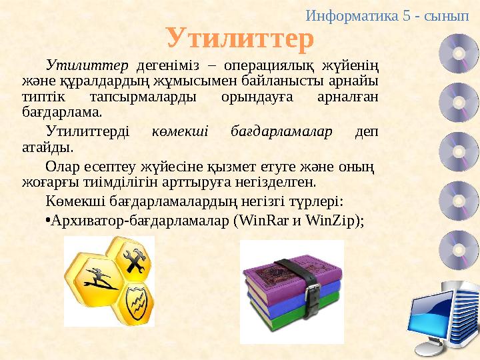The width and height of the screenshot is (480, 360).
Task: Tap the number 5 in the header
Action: click(x=407, y=15)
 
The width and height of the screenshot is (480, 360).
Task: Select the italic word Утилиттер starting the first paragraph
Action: click(x=87, y=65)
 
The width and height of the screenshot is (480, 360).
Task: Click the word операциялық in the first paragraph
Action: click(x=267, y=65)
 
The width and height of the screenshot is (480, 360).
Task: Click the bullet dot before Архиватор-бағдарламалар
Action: click(x=48, y=221)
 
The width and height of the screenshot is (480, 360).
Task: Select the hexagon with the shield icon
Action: click(x=136, y=298)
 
